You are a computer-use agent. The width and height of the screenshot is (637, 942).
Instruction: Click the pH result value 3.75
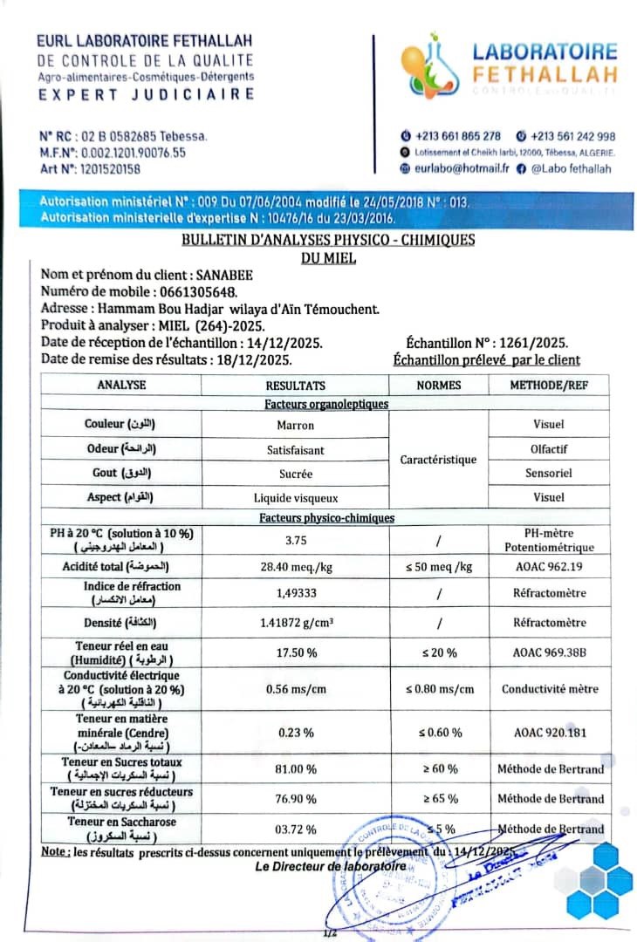(296, 540)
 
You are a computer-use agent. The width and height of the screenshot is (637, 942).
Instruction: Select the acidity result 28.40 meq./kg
(296, 567)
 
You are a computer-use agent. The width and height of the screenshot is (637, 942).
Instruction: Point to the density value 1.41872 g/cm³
(296, 623)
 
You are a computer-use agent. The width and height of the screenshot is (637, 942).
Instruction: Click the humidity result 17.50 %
(296, 653)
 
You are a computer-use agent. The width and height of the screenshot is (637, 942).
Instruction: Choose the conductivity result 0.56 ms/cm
(296, 689)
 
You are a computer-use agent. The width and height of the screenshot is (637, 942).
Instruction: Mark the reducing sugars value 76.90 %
(296, 798)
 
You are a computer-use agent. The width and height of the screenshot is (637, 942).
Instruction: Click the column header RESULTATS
(296, 386)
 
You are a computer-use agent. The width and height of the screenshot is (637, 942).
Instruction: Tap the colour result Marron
(296, 425)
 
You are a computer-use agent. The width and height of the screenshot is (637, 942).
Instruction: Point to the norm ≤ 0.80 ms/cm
(439, 689)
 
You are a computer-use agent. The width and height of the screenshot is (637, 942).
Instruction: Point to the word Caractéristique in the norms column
(438, 460)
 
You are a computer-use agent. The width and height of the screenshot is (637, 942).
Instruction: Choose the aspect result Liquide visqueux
(296, 498)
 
